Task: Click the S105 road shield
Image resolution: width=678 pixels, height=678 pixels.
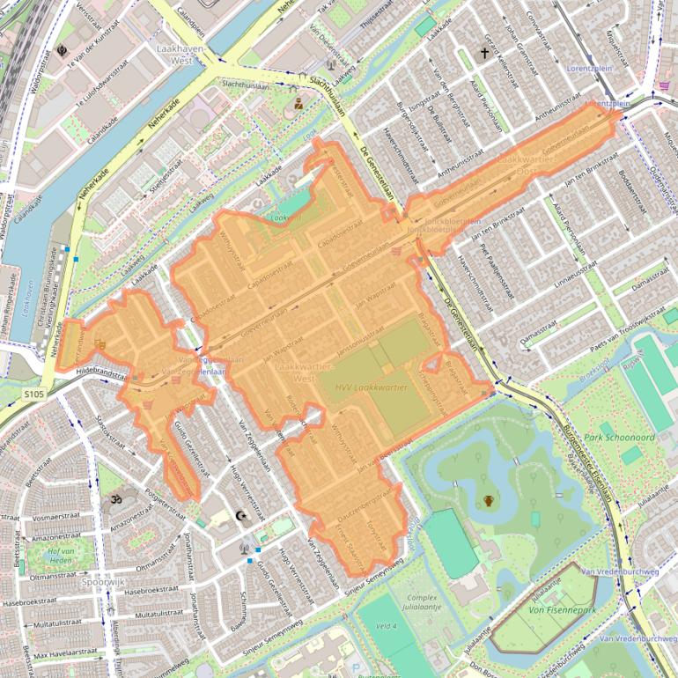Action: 33,394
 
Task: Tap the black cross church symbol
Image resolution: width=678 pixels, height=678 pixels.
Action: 483,54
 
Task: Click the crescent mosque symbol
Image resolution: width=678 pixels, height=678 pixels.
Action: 244,517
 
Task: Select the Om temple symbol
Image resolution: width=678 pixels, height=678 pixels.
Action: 114,499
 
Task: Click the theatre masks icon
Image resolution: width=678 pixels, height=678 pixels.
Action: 99,343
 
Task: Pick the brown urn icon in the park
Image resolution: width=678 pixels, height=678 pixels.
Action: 489,501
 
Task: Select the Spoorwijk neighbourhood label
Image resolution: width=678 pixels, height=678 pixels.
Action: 103,582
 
